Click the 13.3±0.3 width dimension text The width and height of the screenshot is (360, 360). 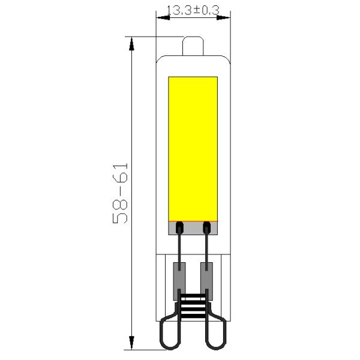[193, 10]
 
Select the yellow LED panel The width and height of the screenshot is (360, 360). [192, 148]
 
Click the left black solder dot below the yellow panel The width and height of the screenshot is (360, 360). [178, 226]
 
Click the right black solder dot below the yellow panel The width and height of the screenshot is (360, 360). [207, 226]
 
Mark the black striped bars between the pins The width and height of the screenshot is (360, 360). [193, 303]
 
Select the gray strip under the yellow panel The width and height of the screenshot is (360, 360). [193, 228]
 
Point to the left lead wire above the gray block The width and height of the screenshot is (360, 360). [179, 246]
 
